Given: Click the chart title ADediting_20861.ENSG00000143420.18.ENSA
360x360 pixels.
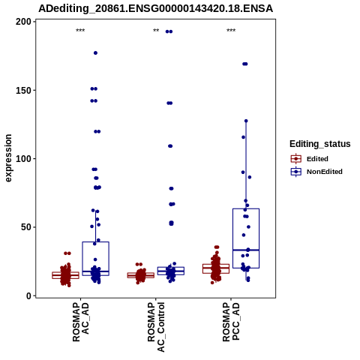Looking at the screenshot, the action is click(x=155, y=8).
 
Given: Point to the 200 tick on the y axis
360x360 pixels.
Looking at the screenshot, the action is click(x=24, y=22).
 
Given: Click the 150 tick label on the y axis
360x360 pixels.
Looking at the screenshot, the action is click(x=24, y=90).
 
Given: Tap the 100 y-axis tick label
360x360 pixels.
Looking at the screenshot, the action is click(x=24, y=159).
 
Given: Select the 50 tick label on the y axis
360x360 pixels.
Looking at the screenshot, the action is click(x=26, y=227).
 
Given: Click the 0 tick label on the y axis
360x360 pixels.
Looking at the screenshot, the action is click(x=29, y=295).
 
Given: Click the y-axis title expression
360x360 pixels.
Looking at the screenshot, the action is click(x=8, y=158).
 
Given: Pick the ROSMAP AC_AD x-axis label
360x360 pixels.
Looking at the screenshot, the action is click(x=81, y=322).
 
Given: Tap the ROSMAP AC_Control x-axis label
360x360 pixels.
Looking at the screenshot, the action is click(x=156, y=327).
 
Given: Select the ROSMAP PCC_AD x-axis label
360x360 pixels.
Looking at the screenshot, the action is click(x=231, y=322).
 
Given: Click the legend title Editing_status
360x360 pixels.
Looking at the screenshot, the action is click(x=320, y=144).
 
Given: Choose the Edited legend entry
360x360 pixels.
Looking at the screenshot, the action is click(x=310, y=159).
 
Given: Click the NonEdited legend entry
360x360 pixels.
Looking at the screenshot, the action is click(x=316, y=172).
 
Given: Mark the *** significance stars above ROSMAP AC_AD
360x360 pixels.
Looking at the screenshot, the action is click(x=80, y=31).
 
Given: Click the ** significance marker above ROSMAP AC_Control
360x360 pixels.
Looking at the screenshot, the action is click(x=156, y=31).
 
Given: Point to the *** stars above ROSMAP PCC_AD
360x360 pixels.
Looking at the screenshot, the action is click(x=231, y=31).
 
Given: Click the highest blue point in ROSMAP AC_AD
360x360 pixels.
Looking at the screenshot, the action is click(x=95, y=53).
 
